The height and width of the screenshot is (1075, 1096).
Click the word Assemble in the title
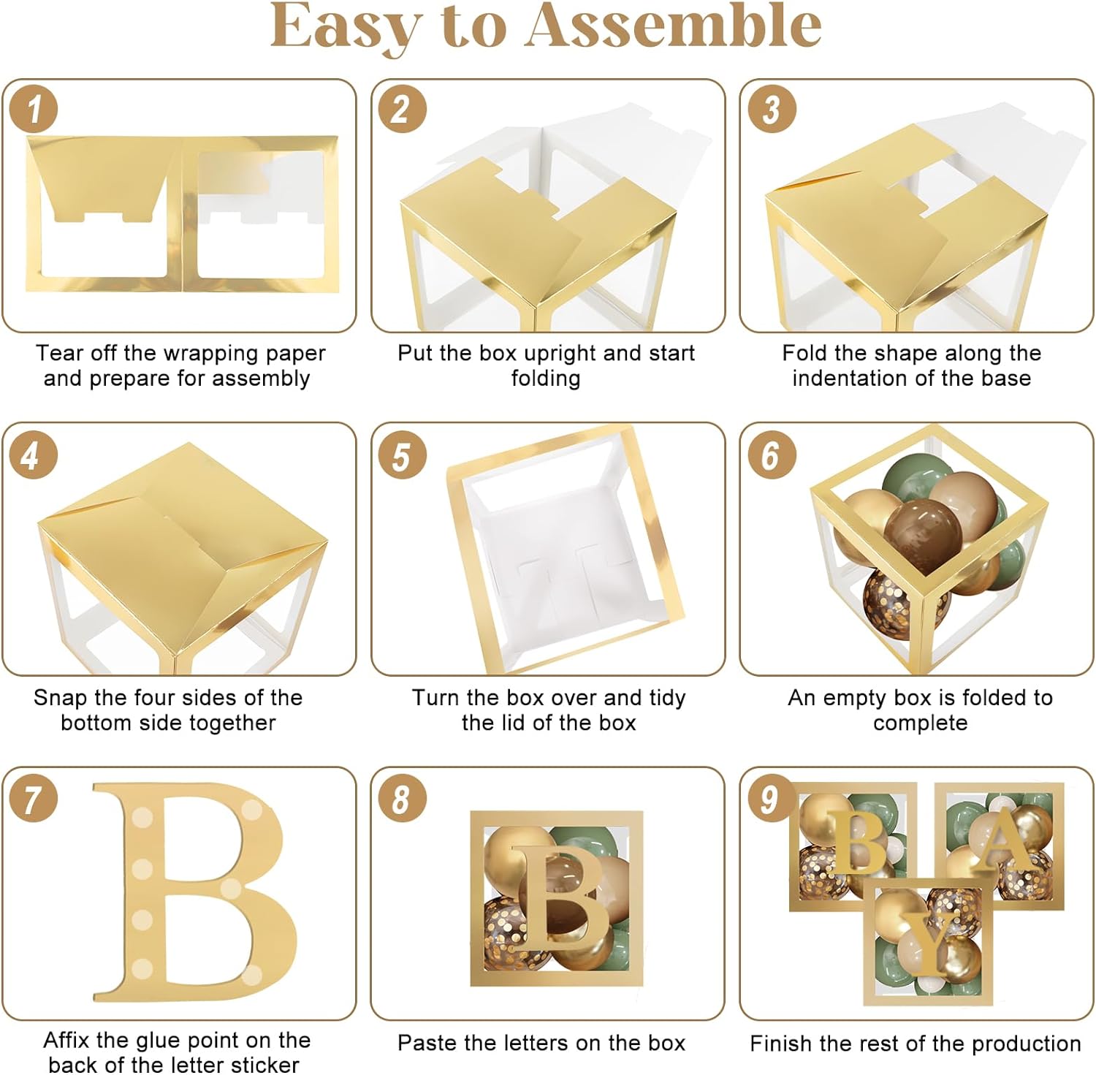pos(674,26)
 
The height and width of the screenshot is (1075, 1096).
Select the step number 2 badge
pos(401,110)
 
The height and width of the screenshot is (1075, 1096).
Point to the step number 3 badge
pos(772,110)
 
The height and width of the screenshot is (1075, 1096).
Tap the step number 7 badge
pos(34,798)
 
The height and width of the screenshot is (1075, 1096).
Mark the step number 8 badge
pos(401,798)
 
